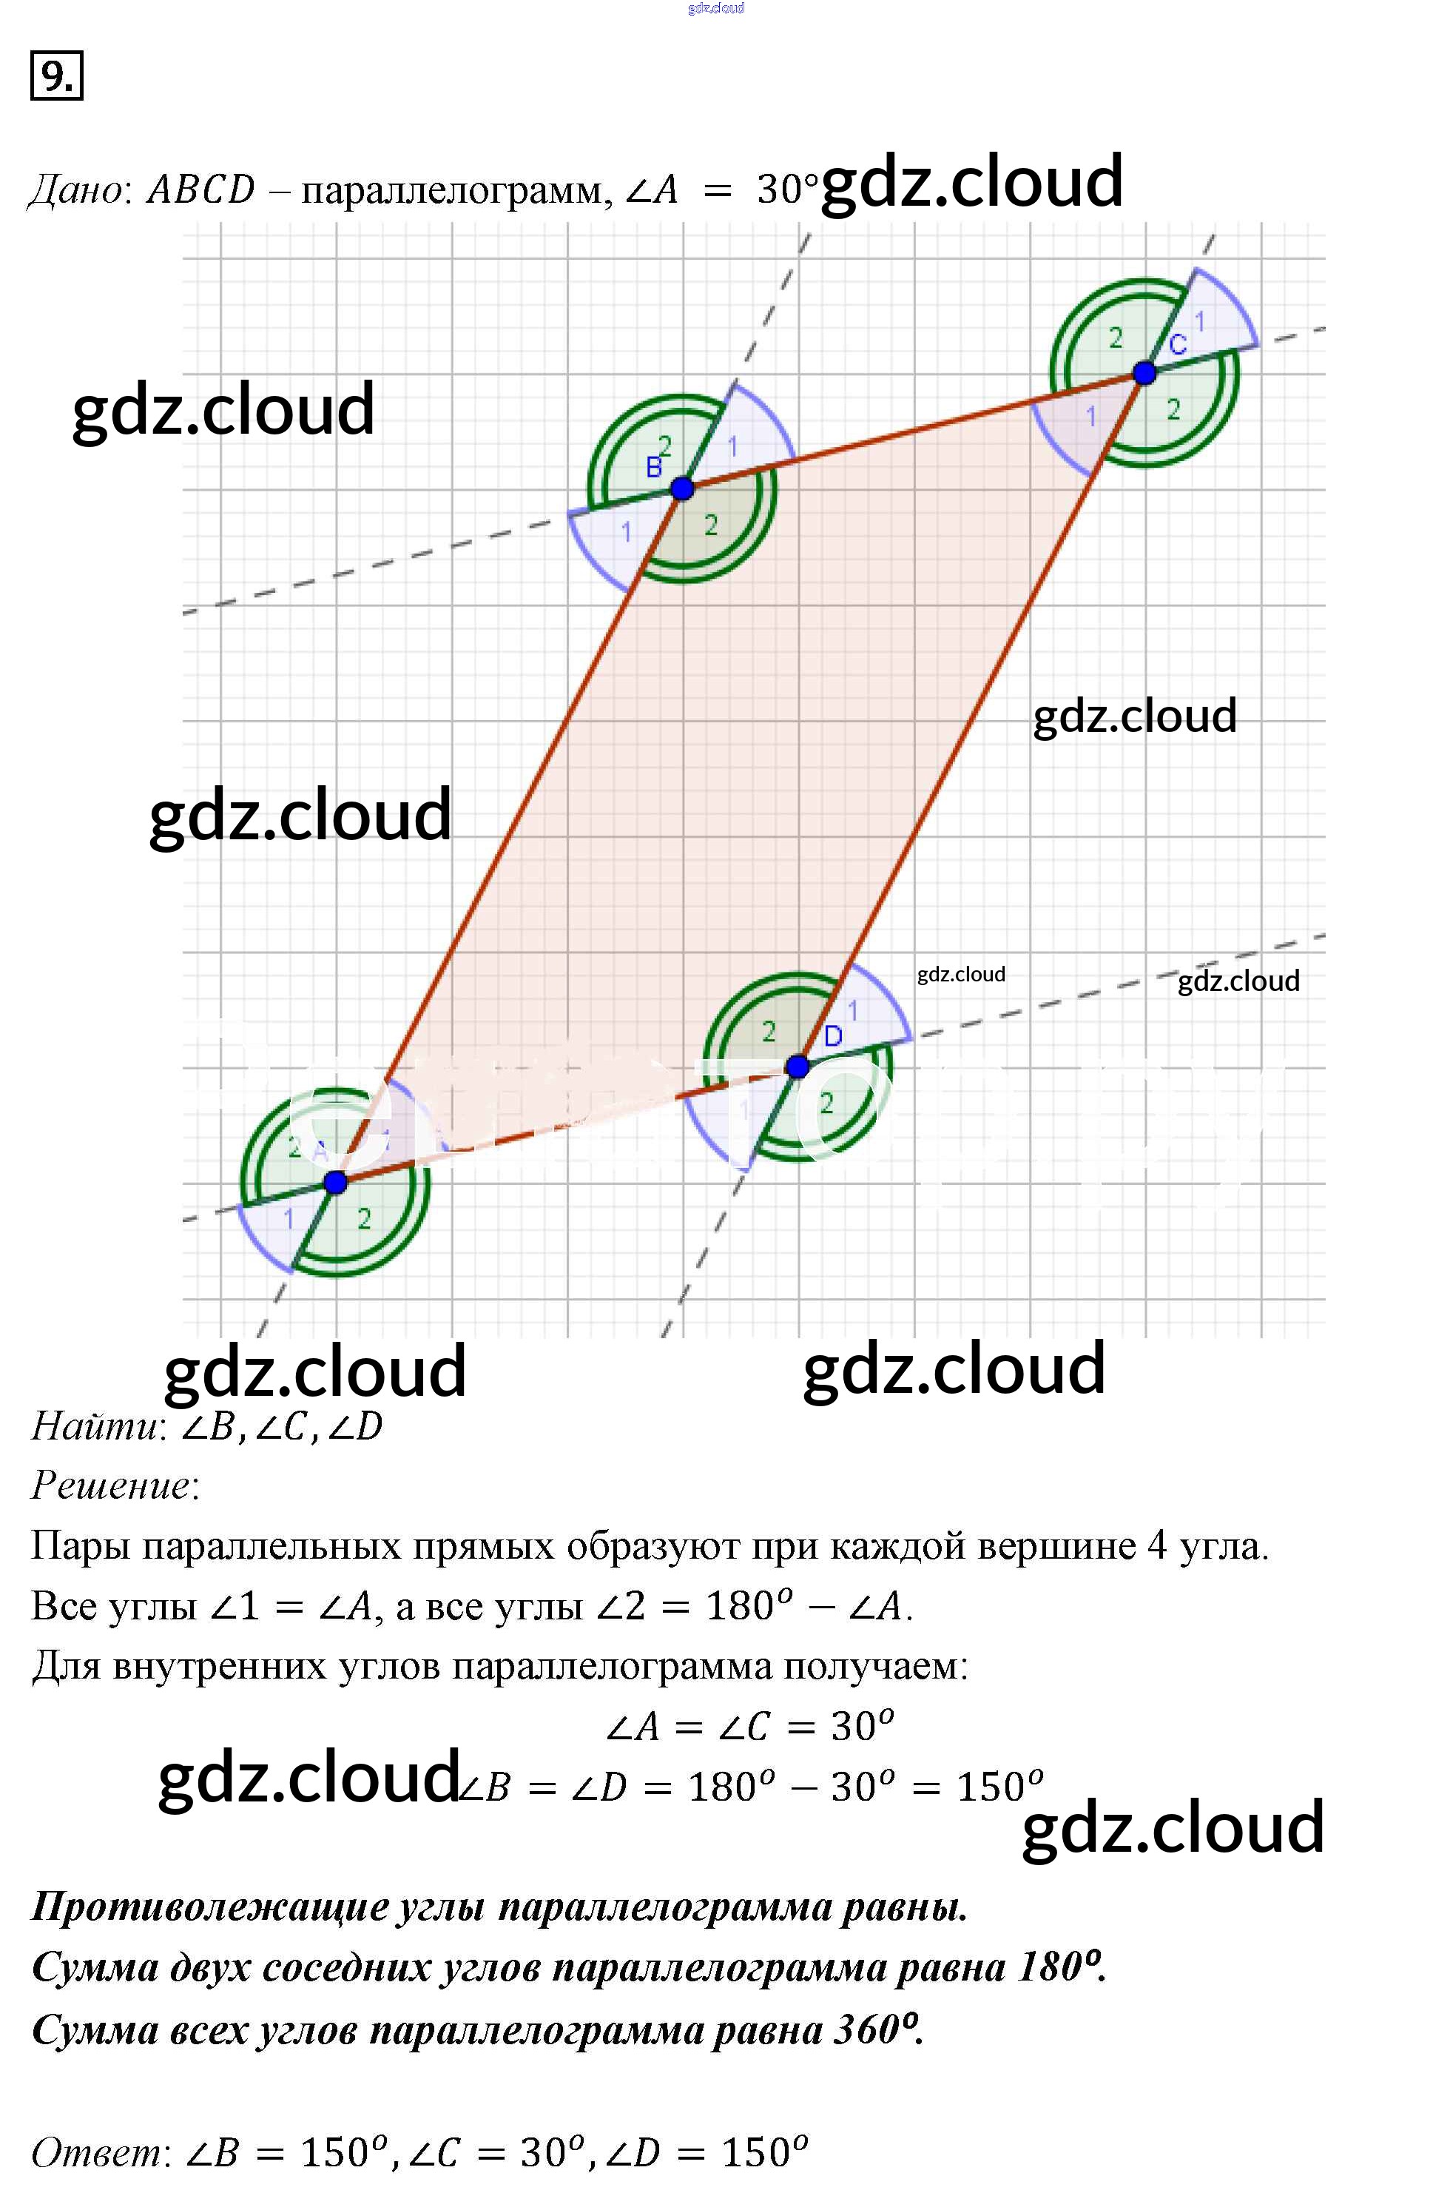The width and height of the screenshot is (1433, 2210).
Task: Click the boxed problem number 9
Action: click(x=57, y=76)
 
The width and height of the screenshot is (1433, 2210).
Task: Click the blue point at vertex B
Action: click(x=682, y=488)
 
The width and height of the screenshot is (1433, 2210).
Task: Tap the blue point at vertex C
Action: click(x=1144, y=373)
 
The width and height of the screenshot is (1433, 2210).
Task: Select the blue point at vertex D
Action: click(x=798, y=1067)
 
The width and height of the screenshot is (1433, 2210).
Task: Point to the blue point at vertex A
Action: click(x=336, y=1182)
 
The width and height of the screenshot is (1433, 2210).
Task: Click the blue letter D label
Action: click(x=832, y=1036)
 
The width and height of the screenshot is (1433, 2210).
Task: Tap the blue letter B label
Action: click(x=654, y=468)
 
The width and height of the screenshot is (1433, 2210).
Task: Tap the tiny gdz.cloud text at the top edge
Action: click(x=715, y=8)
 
